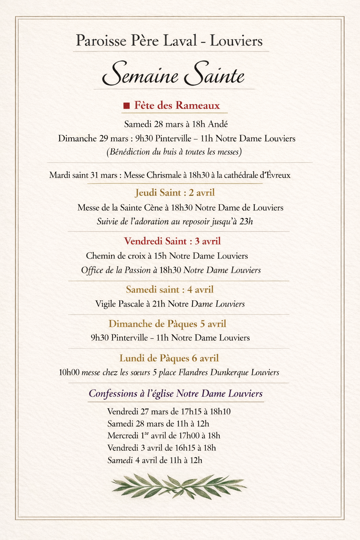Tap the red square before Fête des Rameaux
(x=127, y=106)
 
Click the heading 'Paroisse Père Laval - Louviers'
(x=169, y=41)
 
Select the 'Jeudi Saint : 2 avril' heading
(x=175, y=193)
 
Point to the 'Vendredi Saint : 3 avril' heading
(x=172, y=241)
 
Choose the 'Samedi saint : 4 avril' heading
(x=170, y=290)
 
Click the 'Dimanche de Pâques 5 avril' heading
(x=167, y=323)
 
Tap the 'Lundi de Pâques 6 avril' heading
(x=169, y=358)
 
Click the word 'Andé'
(x=218, y=124)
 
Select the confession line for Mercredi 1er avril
(x=164, y=436)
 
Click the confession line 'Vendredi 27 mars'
(x=169, y=411)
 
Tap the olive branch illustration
(x=179, y=486)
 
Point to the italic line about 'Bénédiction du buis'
(x=174, y=152)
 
